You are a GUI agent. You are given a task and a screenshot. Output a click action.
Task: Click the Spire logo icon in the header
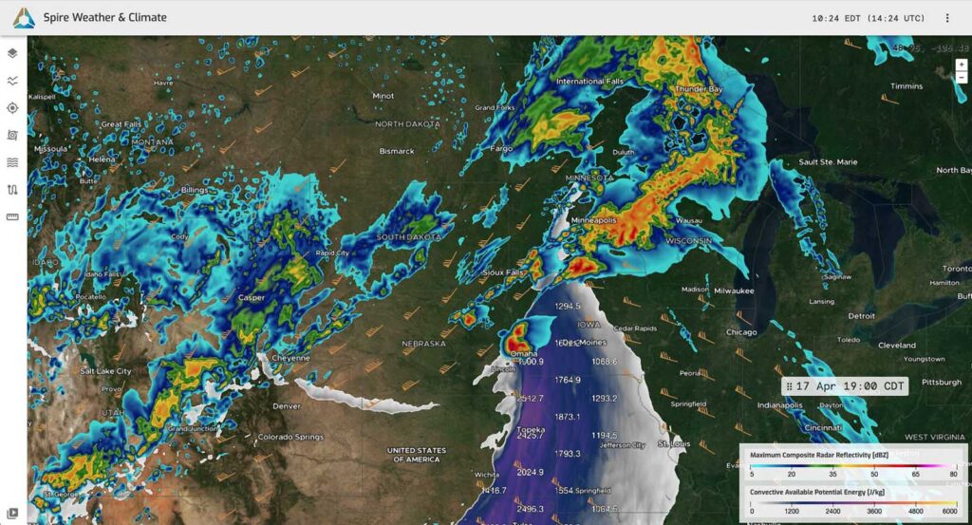[x=24, y=17]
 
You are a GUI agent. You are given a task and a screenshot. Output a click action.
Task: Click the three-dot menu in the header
[x=947, y=18]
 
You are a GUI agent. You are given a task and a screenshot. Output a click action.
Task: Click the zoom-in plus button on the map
[x=962, y=65]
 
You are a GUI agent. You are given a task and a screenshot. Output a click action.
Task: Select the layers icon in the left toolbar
[x=12, y=53]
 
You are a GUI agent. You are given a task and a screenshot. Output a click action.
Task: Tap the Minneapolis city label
[x=594, y=220]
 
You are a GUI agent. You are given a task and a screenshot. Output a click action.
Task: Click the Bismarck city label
[x=397, y=151]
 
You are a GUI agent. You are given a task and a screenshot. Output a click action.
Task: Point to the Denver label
[x=287, y=405]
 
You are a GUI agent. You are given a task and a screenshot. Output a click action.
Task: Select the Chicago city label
[x=740, y=332]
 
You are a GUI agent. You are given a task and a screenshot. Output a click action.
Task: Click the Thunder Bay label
[x=698, y=89]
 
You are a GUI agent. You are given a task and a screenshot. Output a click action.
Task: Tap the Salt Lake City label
[x=106, y=371]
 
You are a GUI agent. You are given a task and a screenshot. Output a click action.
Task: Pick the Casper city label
[x=251, y=298]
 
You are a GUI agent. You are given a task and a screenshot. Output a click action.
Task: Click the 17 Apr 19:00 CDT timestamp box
[x=845, y=386]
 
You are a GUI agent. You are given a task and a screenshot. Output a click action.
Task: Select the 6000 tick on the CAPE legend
[x=949, y=510]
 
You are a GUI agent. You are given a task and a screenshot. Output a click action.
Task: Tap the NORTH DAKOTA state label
[x=409, y=124]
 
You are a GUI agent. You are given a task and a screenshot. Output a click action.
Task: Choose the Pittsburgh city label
[x=942, y=383]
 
